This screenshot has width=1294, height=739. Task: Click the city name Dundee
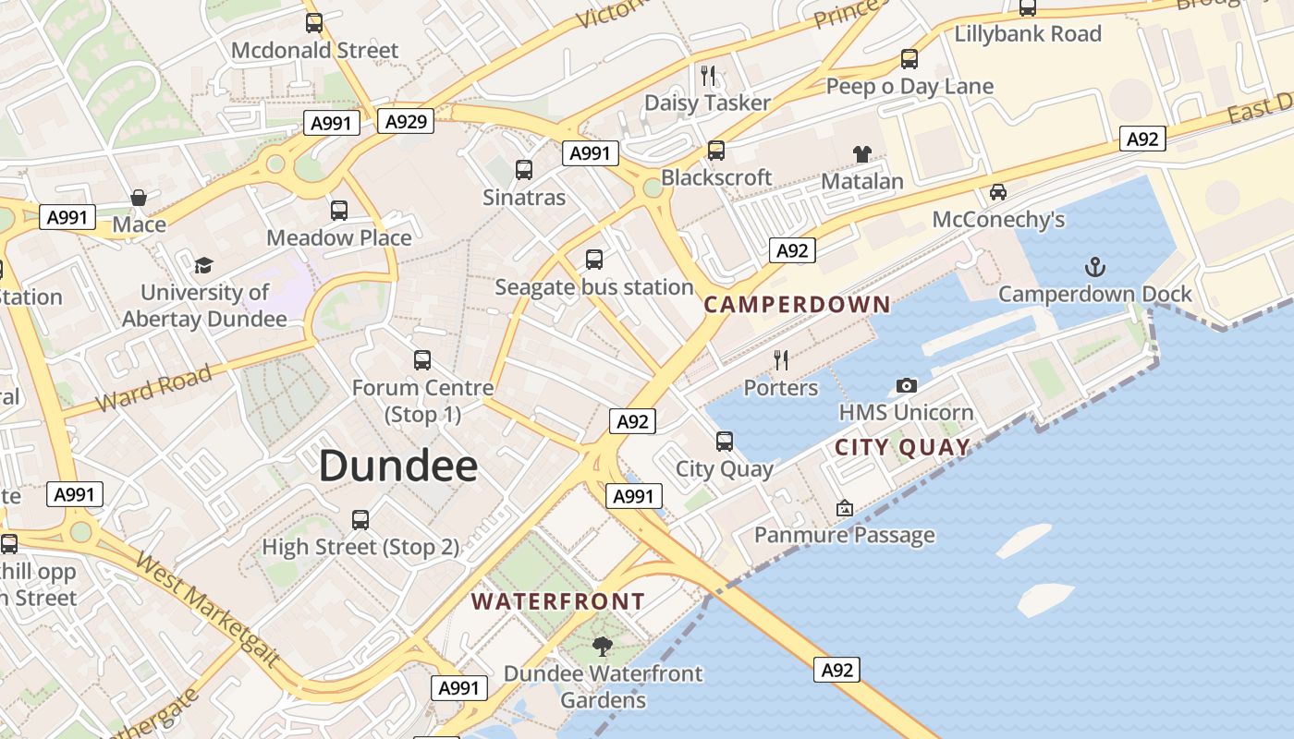point(398,466)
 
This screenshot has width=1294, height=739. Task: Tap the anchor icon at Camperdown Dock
point(1094,268)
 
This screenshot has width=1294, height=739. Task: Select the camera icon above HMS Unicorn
point(907,385)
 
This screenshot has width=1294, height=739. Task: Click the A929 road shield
point(405,121)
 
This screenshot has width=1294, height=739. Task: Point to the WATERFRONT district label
point(558,601)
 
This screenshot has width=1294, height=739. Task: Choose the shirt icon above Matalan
point(861,153)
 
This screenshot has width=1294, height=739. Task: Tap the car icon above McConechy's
point(998,192)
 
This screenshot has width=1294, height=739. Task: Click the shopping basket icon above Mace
point(139,197)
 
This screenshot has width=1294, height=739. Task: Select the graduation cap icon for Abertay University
point(203,265)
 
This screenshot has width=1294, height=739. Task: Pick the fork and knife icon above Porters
point(781,359)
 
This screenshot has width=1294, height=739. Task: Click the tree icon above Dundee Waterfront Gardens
point(603,646)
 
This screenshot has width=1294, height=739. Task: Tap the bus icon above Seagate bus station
point(594,260)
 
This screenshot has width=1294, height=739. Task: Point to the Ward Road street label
point(154,389)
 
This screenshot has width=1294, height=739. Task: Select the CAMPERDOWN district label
point(797,304)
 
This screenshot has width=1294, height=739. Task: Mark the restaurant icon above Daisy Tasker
point(708,75)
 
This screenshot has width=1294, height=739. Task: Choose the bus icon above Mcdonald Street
point(314,23)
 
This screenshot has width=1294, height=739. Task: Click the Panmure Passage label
point(845,535)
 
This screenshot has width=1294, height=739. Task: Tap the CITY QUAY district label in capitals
point(903,448)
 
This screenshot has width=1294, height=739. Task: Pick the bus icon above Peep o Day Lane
point(909,60)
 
